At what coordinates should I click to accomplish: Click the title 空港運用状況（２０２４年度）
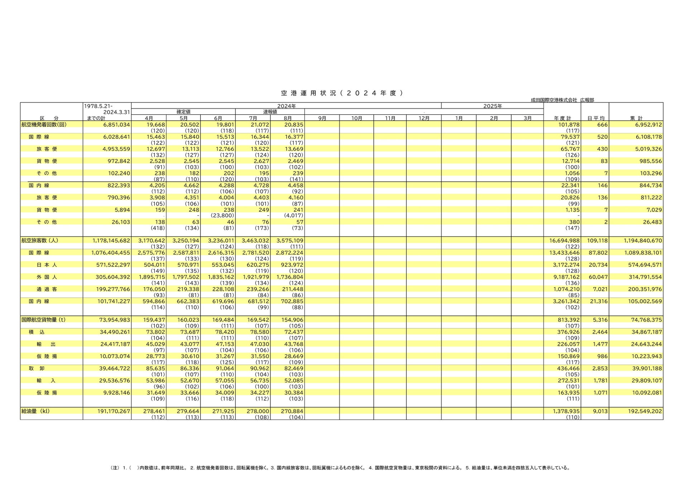tap(342, 93)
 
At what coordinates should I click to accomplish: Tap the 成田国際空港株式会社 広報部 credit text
tap(562, 100)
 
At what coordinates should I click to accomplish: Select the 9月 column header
tap(322, 118)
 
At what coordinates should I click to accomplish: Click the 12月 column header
tap(424, 118)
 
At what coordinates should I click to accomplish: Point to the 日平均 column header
tap(595, 118)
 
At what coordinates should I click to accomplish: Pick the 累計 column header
tap(636, 118)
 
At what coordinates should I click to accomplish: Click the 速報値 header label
tap(270, 112)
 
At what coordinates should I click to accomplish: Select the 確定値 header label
tap(183, 112)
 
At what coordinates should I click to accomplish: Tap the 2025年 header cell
tap(492, 106)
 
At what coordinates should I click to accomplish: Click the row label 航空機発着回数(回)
tap(44, 125)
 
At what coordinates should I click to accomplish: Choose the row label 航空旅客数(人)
tap(40, 241)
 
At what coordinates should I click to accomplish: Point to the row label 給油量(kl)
tap(36, 411)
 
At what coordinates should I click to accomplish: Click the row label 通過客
tap(47, 289)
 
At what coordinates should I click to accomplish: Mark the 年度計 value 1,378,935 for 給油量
tap(564, 411)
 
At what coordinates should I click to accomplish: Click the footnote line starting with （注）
tap(340, 468)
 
